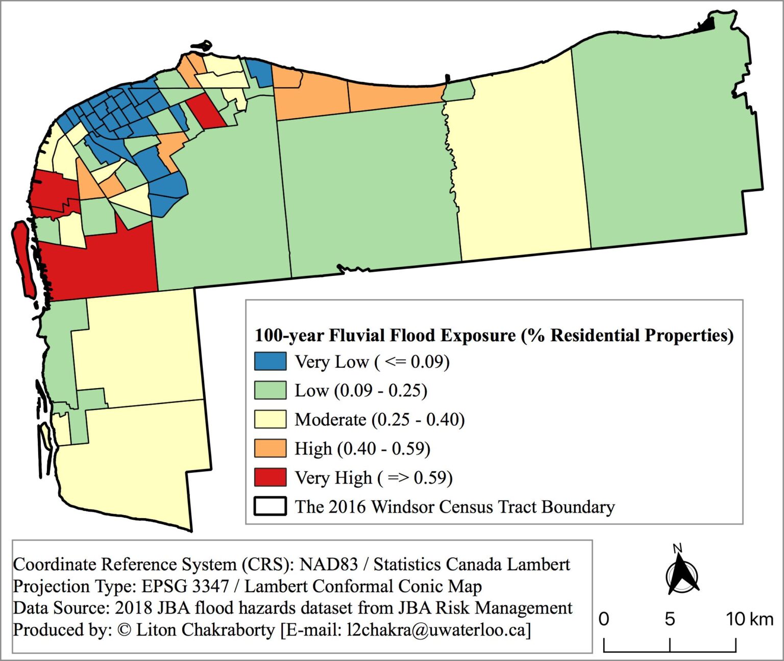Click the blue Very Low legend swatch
[x=270, y=361]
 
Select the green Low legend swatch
[x=270, y=390]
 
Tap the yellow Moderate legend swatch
[x=270, y=419]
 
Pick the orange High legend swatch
[x=270, y=448]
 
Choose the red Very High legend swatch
[x=270, y=477]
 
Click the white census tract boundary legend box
[x=270, y=506]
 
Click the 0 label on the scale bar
[x=604, y=619]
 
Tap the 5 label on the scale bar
[x=670, y=619]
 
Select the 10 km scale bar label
[x=749, y=619]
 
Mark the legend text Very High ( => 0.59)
[x=374, y=478]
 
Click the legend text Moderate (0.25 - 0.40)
[x=380, y=420]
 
